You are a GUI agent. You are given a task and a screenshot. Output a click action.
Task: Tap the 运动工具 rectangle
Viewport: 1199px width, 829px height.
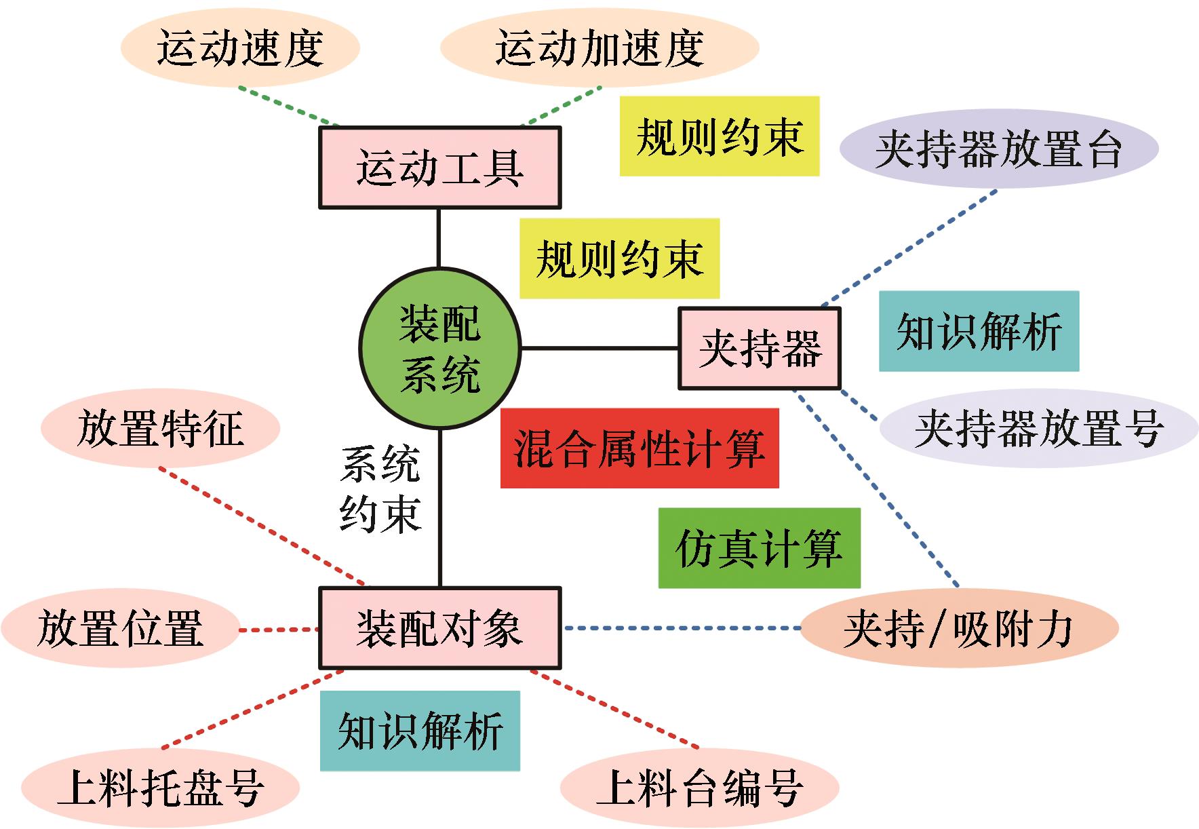click(439, 168)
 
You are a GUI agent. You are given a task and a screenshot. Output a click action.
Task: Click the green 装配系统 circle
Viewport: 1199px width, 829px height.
click(439, 349)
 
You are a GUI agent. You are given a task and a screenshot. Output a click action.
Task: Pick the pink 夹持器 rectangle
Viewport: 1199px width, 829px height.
click(760, 349)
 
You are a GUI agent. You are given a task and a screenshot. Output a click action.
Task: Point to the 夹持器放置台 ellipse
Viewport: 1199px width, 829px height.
click(998, 149)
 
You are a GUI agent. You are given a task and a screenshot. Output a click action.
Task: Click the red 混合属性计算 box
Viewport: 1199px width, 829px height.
click(639, 448)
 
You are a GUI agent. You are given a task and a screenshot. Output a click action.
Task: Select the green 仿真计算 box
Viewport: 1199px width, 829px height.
click(759, 548)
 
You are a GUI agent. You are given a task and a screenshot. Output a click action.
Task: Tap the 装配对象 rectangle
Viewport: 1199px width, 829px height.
click(439, 628)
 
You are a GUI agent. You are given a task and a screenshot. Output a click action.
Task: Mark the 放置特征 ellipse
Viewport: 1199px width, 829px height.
click(160, 428)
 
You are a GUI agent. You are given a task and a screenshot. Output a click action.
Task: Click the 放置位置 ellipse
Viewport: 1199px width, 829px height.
click(121, 628)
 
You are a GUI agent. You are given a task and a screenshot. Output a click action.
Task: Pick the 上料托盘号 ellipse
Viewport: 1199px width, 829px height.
click(160, 787)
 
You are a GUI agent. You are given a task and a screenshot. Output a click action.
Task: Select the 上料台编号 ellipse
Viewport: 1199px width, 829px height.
click(700, 787)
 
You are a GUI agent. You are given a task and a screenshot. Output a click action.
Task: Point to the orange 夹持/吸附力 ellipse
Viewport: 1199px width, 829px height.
click(959, 628)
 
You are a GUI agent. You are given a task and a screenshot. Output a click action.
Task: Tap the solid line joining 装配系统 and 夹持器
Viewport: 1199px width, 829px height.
click(599, 349)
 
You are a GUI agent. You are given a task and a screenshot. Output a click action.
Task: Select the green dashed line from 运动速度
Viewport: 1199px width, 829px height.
click(288, 107)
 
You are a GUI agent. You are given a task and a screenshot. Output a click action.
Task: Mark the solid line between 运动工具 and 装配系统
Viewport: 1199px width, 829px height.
click(439, 237)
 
